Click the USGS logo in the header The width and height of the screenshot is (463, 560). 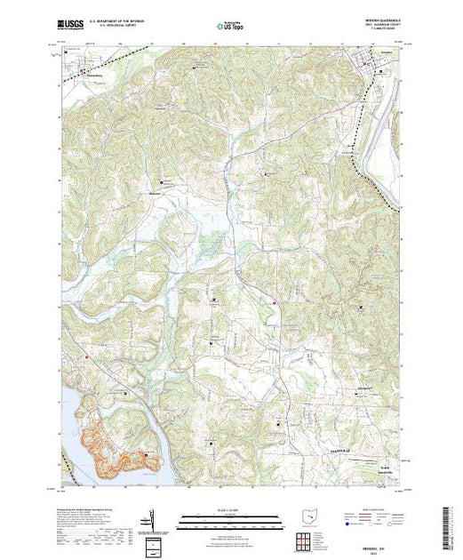[x=71, y=26]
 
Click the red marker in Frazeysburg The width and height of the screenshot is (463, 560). [x=84, y=69]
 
